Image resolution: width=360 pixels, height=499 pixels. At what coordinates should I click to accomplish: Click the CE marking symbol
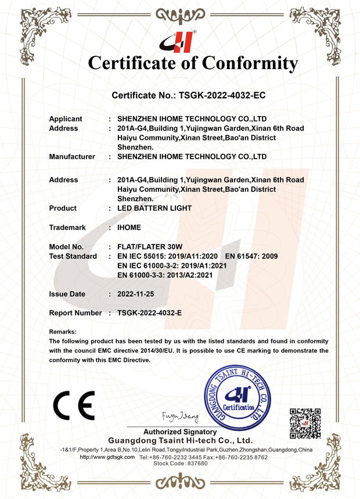pyautogui.click(x=74, y=406)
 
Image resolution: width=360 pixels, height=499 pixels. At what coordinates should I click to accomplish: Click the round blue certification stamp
pyautogui.click(x=238, y=401)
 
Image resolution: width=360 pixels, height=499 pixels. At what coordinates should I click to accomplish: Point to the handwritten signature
pyautogui.click(x=180, y=417)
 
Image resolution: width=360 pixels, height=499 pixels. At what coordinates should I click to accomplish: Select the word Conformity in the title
pyautogui.click(x=240, y=63)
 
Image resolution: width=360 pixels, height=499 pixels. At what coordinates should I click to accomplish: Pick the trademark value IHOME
pyautogui.click(x=129, y=227)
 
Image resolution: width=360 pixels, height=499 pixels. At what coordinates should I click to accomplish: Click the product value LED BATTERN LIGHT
pyautogui.click(x=154, y=208)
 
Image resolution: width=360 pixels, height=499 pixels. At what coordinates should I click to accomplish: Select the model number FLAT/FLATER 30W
pyautogui.click(x=149, y=247)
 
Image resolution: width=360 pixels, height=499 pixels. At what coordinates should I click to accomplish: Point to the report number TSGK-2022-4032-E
pyautogui.click(x=149, y=313)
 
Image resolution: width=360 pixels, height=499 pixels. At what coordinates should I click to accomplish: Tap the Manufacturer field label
pyautogui.click(x=72, y=156)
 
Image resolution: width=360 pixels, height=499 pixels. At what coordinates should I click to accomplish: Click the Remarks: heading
pyautogui.click(x=63, y=332)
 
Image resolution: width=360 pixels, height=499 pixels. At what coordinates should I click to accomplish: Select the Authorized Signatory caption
pyautogui.click(x=180, y=432)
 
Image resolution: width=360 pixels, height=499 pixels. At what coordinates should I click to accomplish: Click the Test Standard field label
pyautogui.click(x=73, y=256)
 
